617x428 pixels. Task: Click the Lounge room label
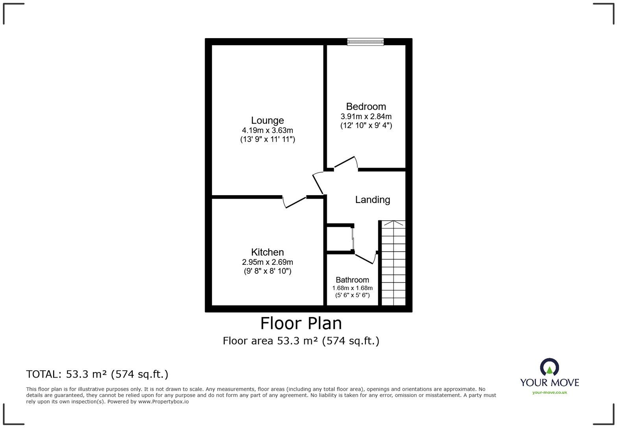click(x=267, y=120)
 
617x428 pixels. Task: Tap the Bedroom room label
click(x=366, y=107)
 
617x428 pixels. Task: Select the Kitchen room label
click(x=267, y=252)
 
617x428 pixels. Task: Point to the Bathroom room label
click(x=352, y=280)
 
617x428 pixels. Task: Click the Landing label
click(x=372, y=199)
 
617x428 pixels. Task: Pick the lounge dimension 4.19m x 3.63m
click(x=267, y=130)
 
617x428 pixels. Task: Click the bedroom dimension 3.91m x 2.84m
click(x=366, y=116)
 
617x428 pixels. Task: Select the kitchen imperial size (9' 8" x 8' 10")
click(x=267, y=271)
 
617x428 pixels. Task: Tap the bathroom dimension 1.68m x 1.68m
click(x=352, y=288)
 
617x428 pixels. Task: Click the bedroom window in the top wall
click(x=365, y=42)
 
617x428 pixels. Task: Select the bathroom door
click(x=365, y=258)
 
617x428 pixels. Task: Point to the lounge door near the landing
click(x=318, y=183)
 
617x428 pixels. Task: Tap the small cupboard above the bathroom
click(x=340, y=238)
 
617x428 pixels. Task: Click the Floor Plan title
click(x=301, y=323)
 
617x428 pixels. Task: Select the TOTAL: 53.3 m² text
click(x=97, y=374)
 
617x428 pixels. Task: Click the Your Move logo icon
click(x=549, y=367)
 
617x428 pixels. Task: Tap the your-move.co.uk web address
click(x=549, y=392)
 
